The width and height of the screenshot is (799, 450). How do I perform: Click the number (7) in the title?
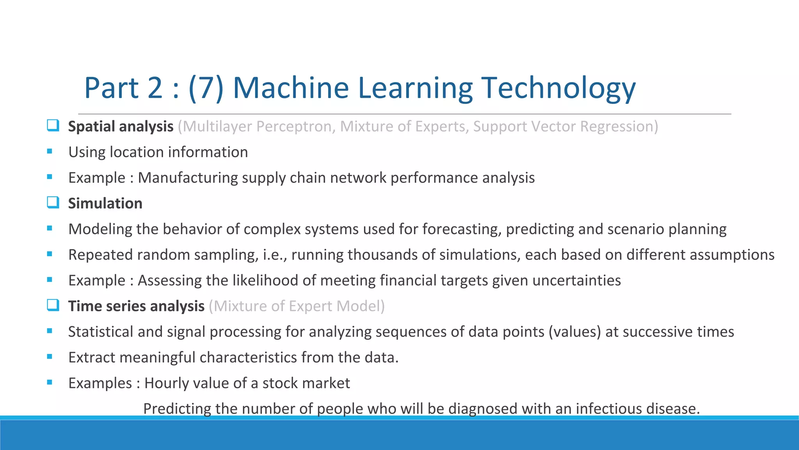point(206,88)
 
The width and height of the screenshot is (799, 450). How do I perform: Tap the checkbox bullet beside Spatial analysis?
point(53,125)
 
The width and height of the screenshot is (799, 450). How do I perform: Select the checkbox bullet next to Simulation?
point(53,202)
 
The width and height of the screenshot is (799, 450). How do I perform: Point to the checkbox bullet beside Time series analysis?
point(53,305)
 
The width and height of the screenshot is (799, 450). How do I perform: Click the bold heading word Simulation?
point(105,204)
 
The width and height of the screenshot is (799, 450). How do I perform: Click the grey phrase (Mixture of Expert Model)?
point(297,306)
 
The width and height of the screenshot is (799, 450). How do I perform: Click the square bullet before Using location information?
point(50,152)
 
